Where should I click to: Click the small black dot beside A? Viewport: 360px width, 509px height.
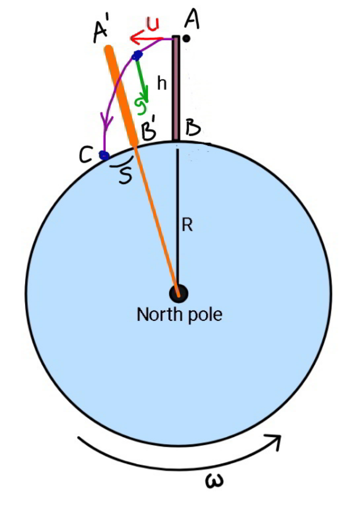tap(186, 38)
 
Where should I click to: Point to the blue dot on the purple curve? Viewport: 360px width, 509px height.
tap(137, 55)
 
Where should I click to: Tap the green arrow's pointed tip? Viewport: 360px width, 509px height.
tap(146, 102)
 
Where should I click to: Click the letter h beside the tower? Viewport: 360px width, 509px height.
tap(162, 84)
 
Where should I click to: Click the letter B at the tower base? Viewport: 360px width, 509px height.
tap(193, 129)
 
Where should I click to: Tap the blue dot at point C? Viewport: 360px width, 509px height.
tap(104, 155)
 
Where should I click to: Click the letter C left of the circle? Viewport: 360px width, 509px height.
tap(86, 155)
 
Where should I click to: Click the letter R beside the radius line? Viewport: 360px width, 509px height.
tap(187, 225)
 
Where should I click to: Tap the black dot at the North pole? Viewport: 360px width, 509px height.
tap(179, 293)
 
